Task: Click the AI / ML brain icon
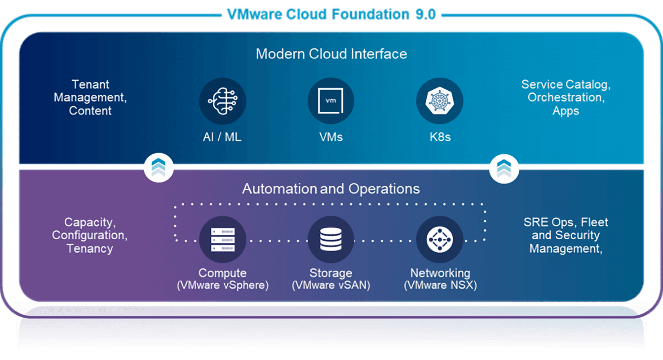[222, 101]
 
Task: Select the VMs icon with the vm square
[331, 101]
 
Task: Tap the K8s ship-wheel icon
[439, 101]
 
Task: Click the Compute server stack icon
[222, 239]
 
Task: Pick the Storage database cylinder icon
[331, 239]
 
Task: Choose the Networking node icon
[439, 239]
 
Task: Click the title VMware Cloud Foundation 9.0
[331, 14]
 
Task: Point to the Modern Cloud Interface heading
[331, 54]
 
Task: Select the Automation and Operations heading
[331, 189]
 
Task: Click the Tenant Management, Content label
[90, 97]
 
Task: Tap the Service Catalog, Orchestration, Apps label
[566, 97]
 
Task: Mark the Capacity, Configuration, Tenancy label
[90, 235]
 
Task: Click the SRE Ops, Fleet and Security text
[566, 235]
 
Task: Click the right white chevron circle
[504, 168]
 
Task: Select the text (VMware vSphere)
[223, 285]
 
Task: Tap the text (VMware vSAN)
[331, 285]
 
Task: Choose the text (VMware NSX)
[440, 285]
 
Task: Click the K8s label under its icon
[440, 137]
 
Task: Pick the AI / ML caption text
[222, 137]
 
